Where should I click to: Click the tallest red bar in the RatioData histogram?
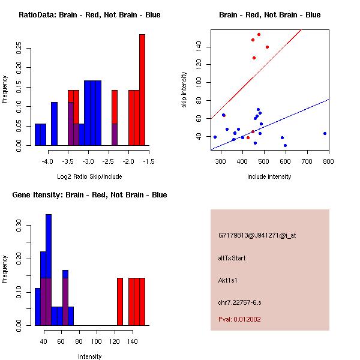pos(142,90)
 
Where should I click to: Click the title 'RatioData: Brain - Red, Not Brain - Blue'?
pos(89,15)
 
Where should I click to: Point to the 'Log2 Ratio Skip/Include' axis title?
pos(89,177)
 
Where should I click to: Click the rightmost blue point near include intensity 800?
pos(325,133)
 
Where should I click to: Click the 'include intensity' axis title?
pos(269,177)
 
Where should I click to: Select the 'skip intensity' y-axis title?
pos(184,90)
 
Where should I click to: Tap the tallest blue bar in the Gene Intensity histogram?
pos(49,269)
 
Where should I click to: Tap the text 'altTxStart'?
pos(232,258)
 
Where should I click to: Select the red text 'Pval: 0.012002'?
pos(239,320)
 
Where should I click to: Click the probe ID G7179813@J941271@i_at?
pos(257,235)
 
